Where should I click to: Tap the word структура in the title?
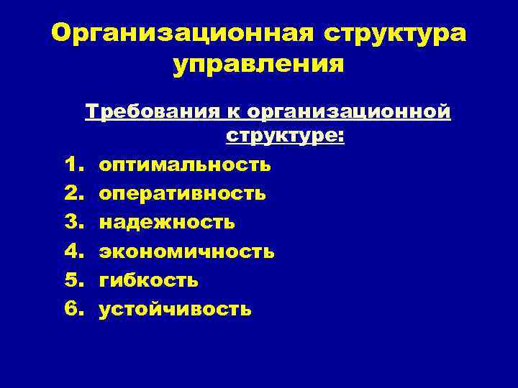(394, 33)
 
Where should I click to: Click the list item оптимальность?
(185, 165)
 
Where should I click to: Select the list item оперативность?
(182, 193)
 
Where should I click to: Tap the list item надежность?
(167, 222)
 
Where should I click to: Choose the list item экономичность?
(186, 251)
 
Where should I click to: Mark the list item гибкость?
(149, 280)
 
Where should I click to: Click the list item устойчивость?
(175, 308)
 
